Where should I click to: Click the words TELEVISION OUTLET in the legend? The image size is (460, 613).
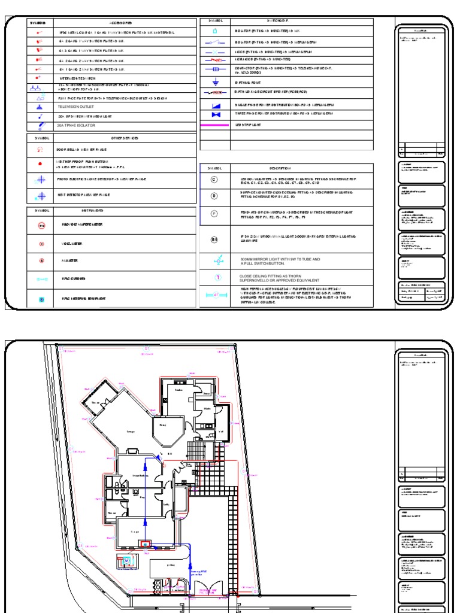75,107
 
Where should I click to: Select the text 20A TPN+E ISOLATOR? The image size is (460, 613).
76,125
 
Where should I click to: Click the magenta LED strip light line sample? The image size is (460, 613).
214,125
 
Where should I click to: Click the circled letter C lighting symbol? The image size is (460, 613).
214,180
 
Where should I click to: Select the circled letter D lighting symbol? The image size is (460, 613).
214,196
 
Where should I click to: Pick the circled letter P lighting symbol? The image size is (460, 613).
214,214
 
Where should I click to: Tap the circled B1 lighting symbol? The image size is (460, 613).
214,239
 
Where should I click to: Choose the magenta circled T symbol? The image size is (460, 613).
218,278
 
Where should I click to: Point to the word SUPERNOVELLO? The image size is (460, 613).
256,280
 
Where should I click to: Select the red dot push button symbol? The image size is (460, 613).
40,163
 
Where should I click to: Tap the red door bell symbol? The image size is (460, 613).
40,150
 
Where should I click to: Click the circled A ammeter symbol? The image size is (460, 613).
41,261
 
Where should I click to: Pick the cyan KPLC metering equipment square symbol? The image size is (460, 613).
41,298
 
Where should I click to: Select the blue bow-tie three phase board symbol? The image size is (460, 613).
217,114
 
